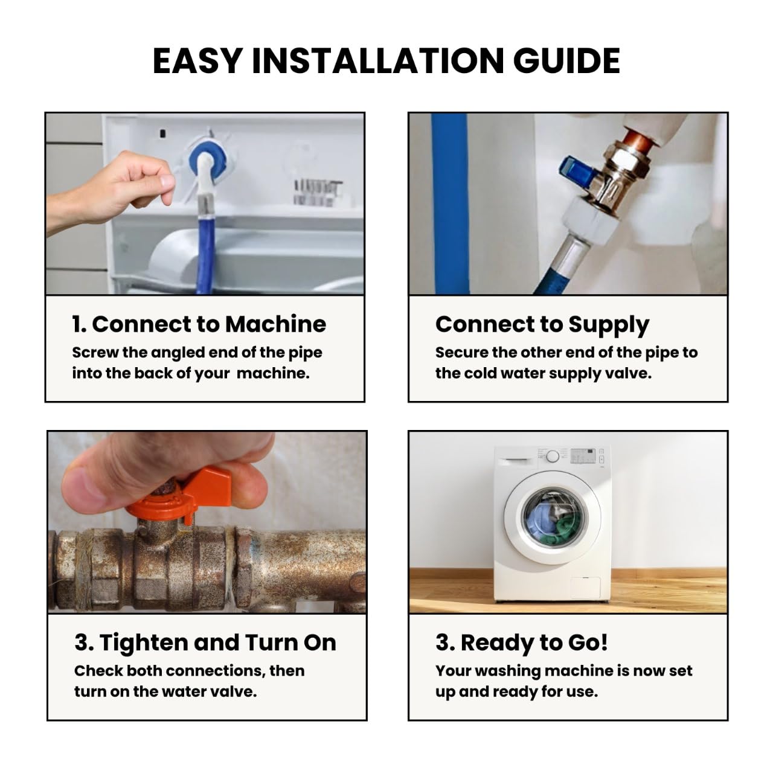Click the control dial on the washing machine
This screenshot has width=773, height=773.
[x=553, y=456]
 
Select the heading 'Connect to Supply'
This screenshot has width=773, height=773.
[x=542, y=324]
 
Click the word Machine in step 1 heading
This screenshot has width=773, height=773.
[x=275, y=324]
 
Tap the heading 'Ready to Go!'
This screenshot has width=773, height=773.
[x=534, y=643]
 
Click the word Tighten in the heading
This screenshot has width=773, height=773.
[x=144, y=643]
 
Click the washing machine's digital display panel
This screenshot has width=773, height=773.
[x=583, y=455]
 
